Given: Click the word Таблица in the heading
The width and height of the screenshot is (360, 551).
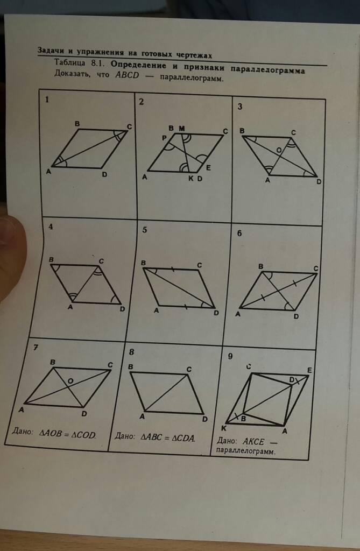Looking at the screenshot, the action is [69, 62].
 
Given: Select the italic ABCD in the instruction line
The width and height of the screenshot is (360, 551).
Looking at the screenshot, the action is [128, 75].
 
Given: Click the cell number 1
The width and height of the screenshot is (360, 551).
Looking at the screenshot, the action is [47, 100].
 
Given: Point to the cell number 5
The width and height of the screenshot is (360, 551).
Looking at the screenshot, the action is [145, 230].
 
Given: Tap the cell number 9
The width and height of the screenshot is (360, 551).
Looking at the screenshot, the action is [230, 356].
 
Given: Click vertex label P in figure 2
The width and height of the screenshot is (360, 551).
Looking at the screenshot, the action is [164, 138].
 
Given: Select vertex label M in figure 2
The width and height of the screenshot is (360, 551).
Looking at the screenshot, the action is [181, 128].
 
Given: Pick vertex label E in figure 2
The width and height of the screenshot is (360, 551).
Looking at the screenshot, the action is [208, 168].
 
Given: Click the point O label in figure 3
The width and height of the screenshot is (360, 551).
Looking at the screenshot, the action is [278, 151].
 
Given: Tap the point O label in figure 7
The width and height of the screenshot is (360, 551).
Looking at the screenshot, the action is [70, 381].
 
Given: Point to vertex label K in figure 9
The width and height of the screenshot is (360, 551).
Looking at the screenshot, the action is [224, 428].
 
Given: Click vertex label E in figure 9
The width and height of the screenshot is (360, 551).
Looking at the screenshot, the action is [309, 370].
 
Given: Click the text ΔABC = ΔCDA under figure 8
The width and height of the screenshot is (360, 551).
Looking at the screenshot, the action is [168, 438].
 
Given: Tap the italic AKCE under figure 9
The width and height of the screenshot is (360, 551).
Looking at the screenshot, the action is [253, 441].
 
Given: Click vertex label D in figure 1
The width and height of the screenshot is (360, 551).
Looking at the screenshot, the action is [104, 174].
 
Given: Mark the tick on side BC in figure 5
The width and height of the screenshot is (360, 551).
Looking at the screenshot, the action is [172, 270].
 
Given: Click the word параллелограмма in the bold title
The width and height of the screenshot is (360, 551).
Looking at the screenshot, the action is [268, 69].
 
